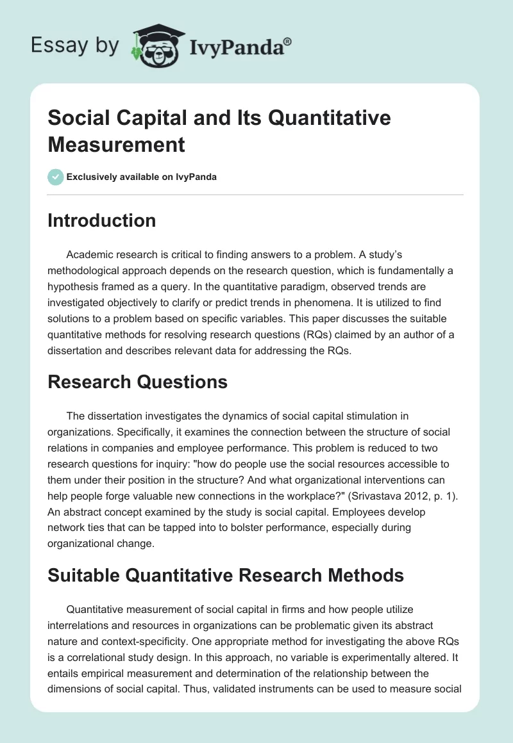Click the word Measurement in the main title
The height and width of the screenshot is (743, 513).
117,144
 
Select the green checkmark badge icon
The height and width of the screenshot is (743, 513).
56,177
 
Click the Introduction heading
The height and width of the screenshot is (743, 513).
101,221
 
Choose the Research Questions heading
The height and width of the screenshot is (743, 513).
137,382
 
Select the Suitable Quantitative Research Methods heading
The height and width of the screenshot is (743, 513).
226,576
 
